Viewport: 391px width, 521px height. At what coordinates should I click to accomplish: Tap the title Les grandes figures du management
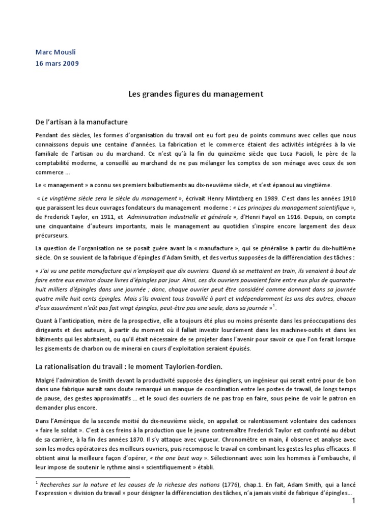[x=195, y=94]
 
